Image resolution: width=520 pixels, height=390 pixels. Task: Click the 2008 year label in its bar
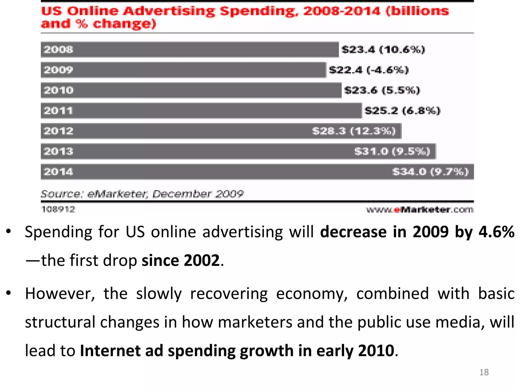[58, 50]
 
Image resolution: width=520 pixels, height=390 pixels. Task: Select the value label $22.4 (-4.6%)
[369, 70]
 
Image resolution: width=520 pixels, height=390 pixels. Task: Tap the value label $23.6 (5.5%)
[382, 90]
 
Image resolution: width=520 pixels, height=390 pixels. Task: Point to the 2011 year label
[58, 111]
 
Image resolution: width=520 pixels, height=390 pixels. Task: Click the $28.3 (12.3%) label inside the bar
[354, 131]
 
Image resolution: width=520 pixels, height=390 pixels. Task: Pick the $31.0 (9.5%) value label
[392, 151]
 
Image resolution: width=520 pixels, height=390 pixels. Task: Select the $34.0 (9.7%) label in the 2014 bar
[430, 172]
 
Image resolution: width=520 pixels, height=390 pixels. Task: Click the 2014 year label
[58, 172]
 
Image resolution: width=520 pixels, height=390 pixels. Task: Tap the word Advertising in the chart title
[169, 11]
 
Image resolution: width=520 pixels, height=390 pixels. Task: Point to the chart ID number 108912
[58, 209]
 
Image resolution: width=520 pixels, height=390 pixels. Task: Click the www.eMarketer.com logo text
[420, 210]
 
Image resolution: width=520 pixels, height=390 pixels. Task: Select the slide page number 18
[484, 372]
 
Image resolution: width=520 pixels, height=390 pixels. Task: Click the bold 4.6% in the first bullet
[496, 232]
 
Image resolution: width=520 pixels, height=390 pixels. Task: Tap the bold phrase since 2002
[181, 260]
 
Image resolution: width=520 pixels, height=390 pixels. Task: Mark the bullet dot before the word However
[9, 293]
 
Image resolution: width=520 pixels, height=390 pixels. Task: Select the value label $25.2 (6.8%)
[402, 111]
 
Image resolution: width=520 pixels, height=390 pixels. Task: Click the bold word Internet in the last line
[110, 351]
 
